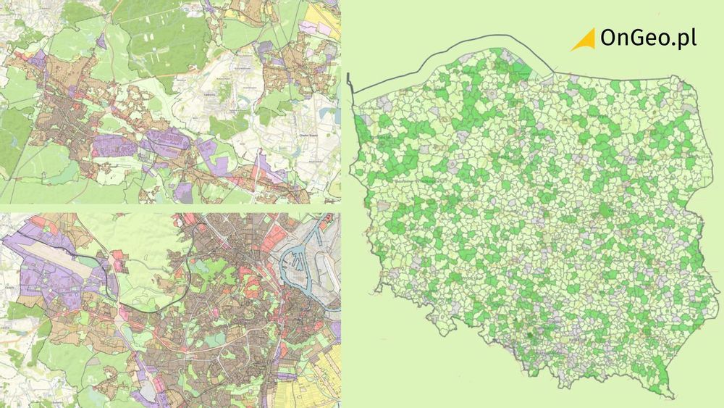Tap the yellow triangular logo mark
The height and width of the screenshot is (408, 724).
(584, 40)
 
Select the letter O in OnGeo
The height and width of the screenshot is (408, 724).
(610, 39)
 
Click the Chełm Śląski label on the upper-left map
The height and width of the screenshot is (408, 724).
(309, 134)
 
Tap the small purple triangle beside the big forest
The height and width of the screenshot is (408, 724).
(101, 42)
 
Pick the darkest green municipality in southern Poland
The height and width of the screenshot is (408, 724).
(531, 335)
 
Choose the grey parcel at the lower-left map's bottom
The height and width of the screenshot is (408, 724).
(148, 391)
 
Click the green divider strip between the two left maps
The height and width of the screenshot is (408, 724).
(170, 208)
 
